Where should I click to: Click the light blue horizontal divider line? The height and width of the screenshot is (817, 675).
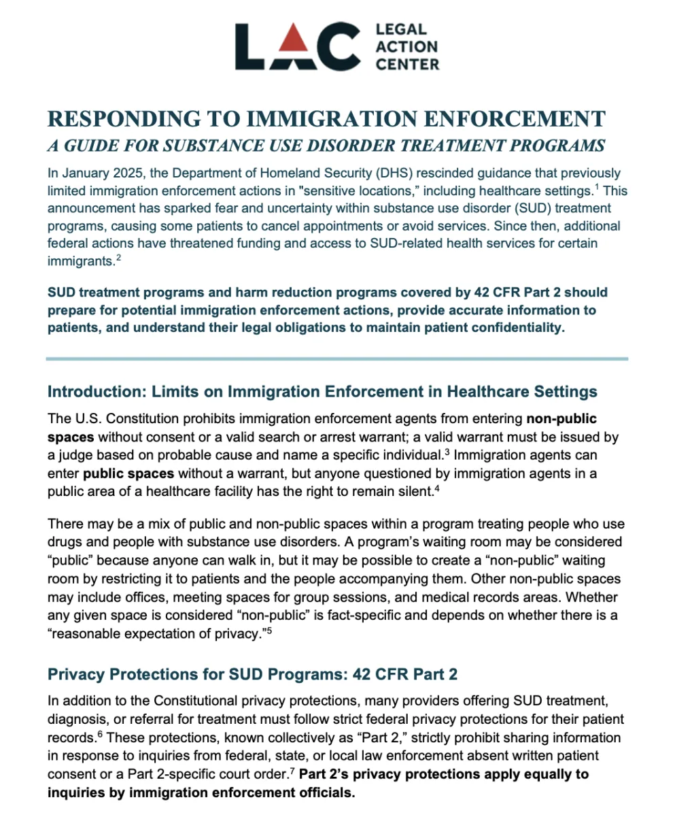click(x=337, y=359)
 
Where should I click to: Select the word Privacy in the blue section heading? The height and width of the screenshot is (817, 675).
click(x=72, y=674)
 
